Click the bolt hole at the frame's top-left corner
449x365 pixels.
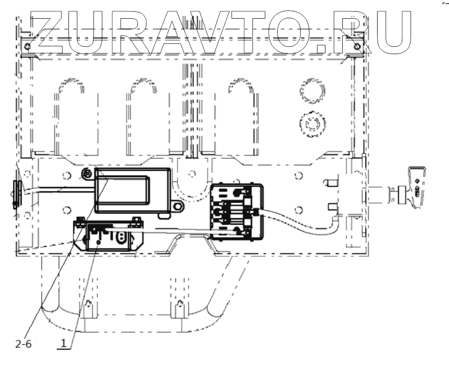pyautogui.click(x=27, y=47)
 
